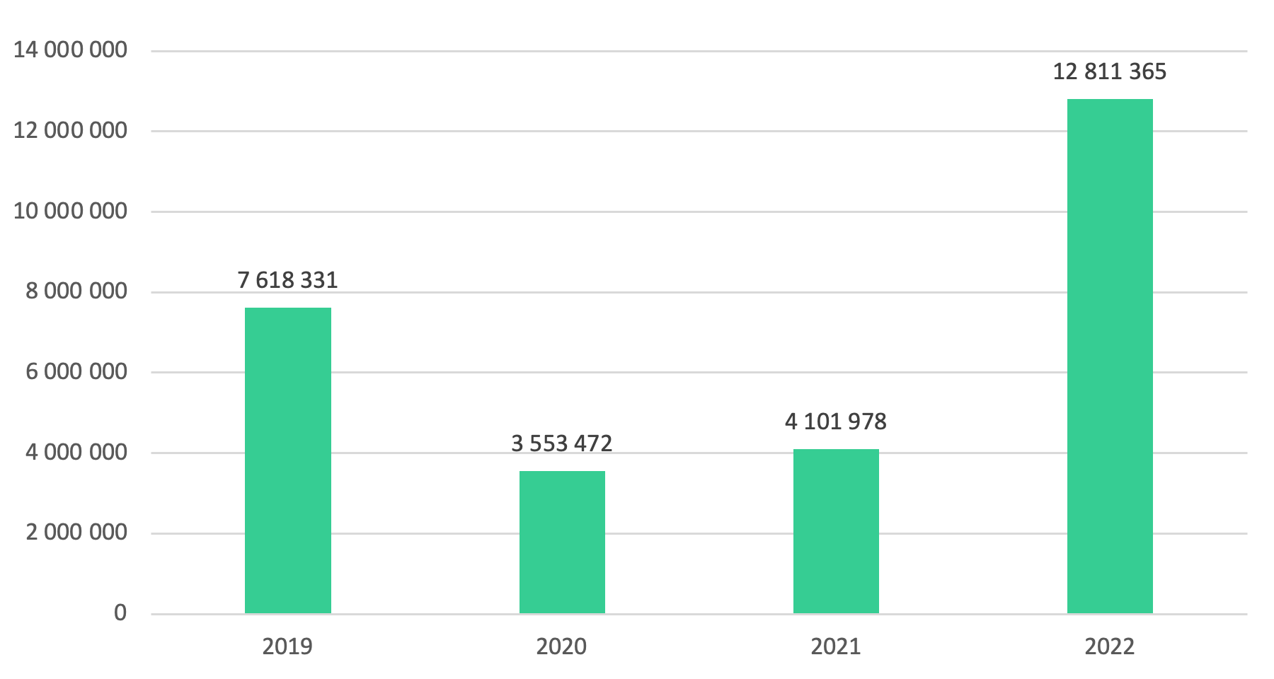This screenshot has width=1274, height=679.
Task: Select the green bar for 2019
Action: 287,460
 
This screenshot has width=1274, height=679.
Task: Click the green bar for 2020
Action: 562,542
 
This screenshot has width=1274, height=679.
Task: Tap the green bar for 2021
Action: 836,531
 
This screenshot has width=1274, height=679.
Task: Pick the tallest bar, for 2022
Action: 1110,356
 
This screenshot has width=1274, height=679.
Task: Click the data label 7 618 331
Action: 287,280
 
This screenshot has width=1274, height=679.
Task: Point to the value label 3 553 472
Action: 562,443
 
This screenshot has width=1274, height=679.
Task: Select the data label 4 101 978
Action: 836,422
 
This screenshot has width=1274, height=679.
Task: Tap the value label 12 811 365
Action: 1110,71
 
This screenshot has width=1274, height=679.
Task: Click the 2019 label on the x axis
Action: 287,646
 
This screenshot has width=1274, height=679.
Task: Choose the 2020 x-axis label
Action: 562,646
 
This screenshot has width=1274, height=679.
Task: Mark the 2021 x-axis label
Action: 836,646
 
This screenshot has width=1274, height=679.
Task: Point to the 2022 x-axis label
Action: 1110,646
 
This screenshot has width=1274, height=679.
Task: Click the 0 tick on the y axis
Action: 120,613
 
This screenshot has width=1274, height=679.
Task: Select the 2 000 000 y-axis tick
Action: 76,532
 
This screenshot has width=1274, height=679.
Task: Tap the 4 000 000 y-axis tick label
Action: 76,452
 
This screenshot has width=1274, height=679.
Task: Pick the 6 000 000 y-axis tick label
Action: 76,371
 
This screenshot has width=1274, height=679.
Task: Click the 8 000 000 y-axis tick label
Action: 76,291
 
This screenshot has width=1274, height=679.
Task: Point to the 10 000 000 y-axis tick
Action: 71,211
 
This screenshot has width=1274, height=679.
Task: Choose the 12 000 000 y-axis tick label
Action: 71,130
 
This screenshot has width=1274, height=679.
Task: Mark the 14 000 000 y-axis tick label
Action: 71,50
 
